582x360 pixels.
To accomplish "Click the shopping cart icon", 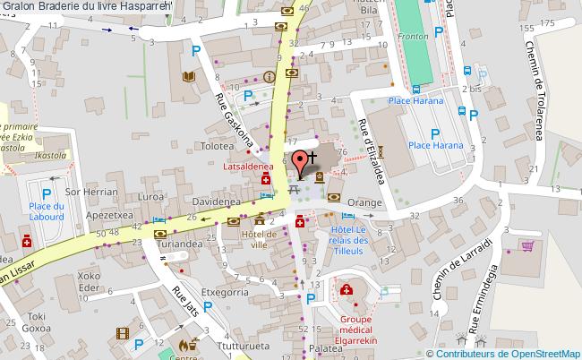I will coord(528,244).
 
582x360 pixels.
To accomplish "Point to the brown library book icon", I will coord(188,77).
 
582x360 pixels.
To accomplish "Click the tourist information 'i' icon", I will coord(270,78).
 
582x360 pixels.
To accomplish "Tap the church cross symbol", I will coord(312,154).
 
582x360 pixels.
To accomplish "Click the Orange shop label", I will coord(365,203).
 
